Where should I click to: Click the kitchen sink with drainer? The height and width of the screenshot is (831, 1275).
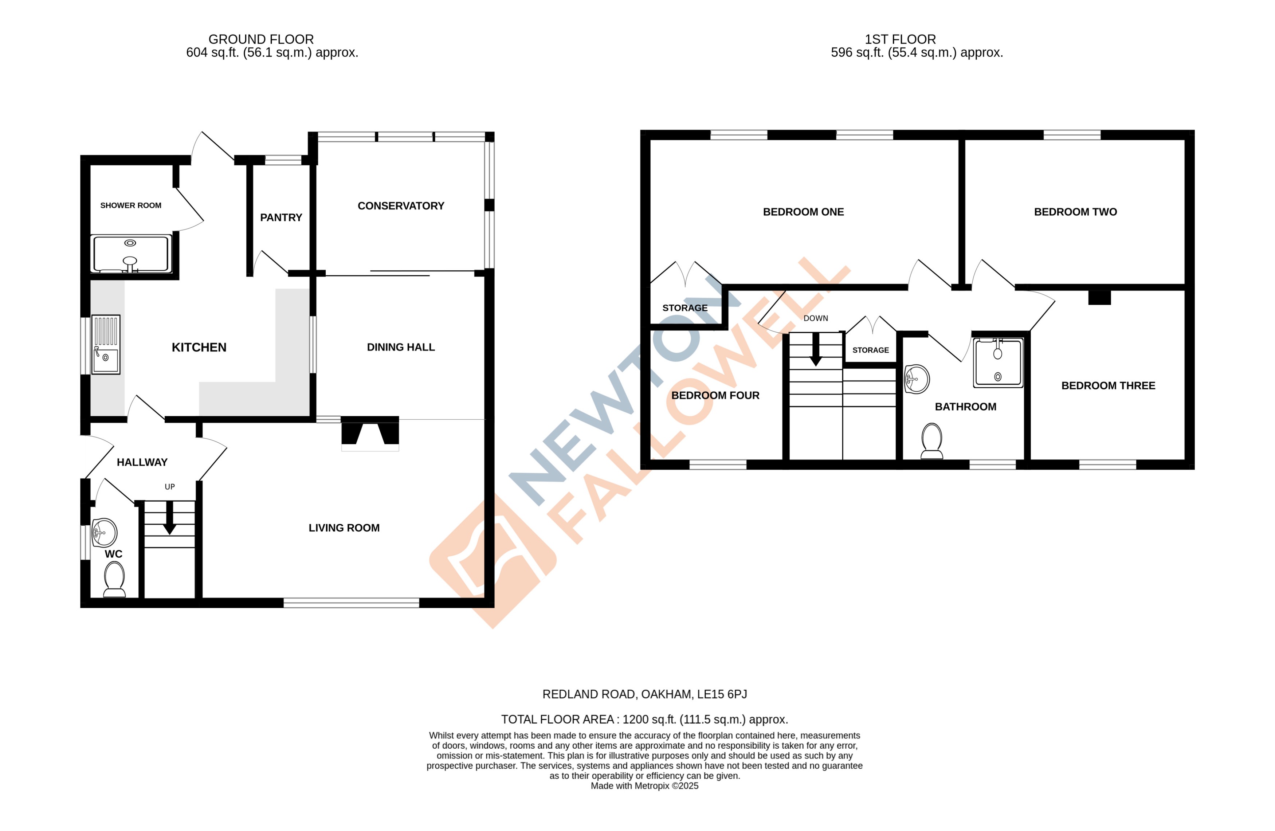click(106, 345)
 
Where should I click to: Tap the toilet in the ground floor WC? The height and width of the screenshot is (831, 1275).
click(114, 580)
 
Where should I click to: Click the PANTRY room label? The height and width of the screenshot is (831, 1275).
click(281, 217)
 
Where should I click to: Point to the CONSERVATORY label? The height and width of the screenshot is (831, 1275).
click(401, 206)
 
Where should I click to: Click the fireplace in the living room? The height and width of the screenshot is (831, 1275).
click(370, 432)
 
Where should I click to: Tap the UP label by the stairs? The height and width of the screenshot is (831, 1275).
click(170, 486)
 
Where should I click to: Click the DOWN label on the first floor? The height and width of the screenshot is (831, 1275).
click(815, 318)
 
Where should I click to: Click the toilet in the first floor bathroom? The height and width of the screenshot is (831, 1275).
click(931, 441)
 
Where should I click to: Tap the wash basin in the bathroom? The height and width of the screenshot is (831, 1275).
click(917, 379)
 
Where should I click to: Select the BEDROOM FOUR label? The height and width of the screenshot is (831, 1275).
click(715, 395)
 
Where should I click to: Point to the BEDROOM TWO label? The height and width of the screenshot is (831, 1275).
click(1075, 212)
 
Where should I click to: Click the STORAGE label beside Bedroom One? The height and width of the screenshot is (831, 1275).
click(684, 307)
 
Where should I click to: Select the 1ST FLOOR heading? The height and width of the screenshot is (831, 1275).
click(900, 39)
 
